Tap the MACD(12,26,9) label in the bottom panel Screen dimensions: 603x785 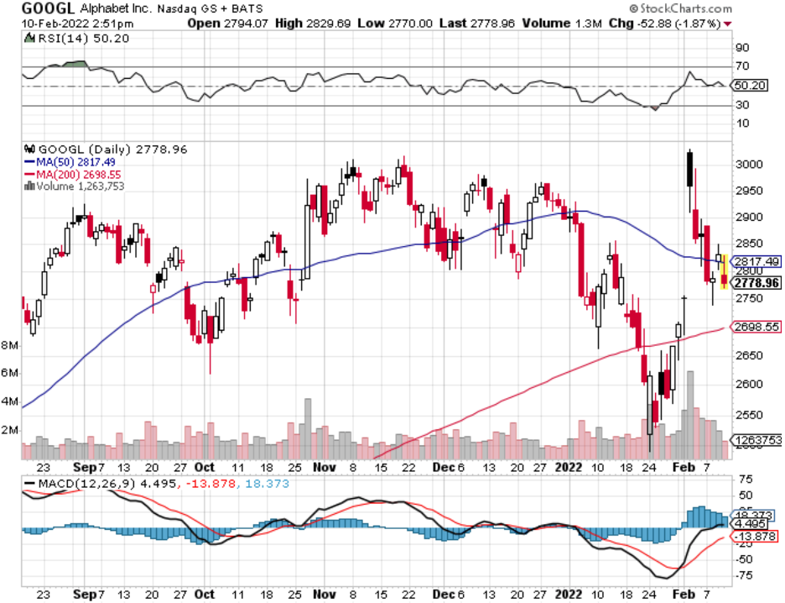pos(68,484)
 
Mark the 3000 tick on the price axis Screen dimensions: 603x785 pos(746,165)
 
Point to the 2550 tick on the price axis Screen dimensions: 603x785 pos(746,416)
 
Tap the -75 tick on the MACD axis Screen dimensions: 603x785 pos(742,575)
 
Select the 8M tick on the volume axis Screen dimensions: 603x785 pos(11,345)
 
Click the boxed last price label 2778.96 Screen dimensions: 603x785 pos(757,283)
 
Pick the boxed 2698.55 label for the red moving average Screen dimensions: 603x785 pos(757,327)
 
